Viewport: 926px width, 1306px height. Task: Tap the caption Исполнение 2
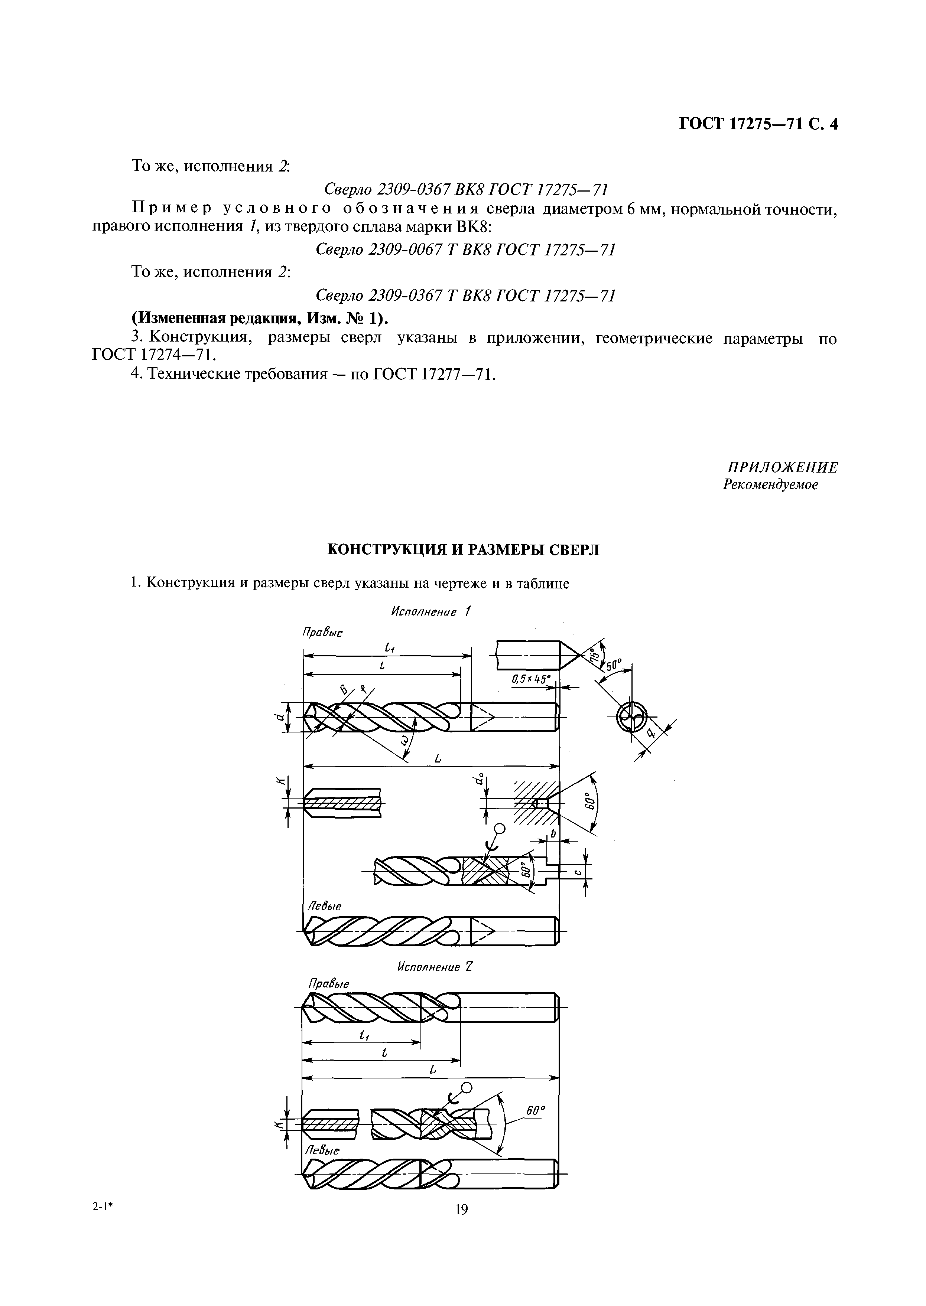(435, 967)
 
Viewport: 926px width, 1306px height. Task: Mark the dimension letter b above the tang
(553, 835)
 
